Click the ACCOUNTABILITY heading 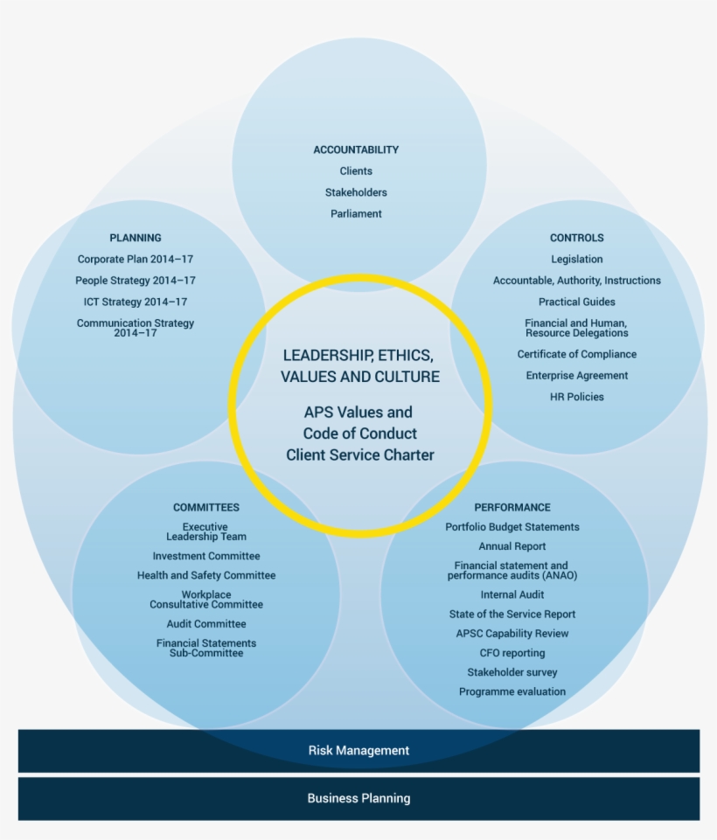click(356, 149)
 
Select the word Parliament click(356, 213)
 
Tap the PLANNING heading click(136, 238)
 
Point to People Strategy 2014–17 click(136, 281)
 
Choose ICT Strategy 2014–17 click(136, 302)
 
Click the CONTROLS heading click(576, 238)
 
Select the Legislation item click(576, 259)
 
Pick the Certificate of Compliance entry click(576, 354)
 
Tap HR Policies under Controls click(576, 397)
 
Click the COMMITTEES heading click(205, 507)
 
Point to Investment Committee click(205, 556)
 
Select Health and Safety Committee click(205, 575)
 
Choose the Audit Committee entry click(205, 624)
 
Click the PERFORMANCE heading click(512, 507)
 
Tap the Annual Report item click(512, 546)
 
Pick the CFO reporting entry click(512, 653)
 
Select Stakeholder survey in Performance click(512, 672)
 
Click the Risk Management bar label click(358, 750)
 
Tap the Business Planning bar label click(358, 798)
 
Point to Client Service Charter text click(359, 455)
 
